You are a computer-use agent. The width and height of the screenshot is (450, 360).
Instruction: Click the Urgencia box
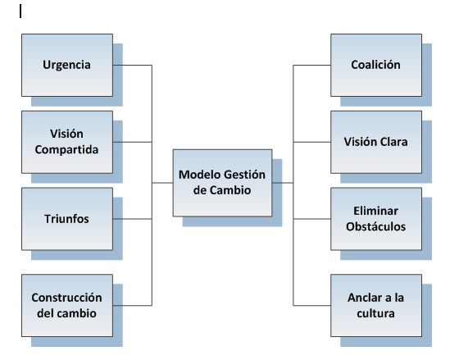pos(67,65)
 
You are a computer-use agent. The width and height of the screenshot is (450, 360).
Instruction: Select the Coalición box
pos(376,65)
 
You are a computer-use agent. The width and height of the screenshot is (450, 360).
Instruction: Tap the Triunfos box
pos(67,219)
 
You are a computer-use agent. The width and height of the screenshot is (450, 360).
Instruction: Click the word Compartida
pos(66,150)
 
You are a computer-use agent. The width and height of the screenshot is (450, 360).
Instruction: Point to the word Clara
pos(393,142)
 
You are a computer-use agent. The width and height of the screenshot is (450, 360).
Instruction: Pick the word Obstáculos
pos(375,226)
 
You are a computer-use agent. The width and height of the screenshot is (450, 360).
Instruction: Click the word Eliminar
pos(375,211)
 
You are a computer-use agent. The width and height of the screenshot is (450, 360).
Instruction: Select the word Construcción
pos(66,298)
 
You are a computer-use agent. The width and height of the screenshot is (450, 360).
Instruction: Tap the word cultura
pos(375,313)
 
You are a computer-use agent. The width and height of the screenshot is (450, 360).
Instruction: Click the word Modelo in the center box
pos(199,175)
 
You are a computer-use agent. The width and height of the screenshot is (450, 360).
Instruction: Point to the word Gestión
pos(244,175)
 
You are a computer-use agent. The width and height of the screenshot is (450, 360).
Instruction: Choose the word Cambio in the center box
pos(230,190)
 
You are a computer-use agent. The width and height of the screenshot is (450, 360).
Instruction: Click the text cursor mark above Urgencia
pos(20,11)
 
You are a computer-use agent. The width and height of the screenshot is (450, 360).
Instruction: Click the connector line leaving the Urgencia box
pos(132,65)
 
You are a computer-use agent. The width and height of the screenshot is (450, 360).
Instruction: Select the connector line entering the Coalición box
pos(311,65)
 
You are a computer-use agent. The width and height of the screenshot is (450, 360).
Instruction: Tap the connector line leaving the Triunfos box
pos(132,219)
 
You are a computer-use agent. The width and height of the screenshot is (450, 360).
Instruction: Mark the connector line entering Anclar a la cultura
pos(311,305)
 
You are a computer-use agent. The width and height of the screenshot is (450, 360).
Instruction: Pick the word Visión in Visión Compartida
pos(66,134)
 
